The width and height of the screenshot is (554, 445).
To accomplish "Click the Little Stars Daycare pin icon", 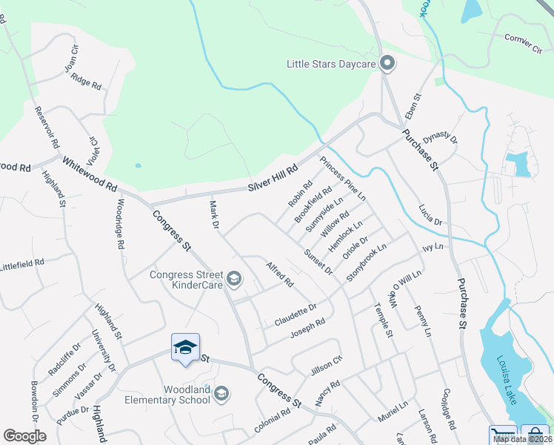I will point(386,64).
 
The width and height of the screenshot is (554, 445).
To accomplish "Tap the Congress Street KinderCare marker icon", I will point(234,279).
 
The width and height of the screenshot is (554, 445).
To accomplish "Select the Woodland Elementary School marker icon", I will point(221,393).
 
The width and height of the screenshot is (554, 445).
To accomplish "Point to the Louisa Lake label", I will point(513,375).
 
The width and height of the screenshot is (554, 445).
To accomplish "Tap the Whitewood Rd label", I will point(90,173).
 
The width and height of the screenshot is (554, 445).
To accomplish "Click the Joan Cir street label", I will point(72,58).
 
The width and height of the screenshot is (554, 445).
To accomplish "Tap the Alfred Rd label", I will point(280,273).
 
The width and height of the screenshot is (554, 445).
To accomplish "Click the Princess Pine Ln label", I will point(343,179).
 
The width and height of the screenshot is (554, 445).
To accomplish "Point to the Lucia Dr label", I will point(430,216).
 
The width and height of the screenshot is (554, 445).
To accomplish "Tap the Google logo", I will point(24,436).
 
